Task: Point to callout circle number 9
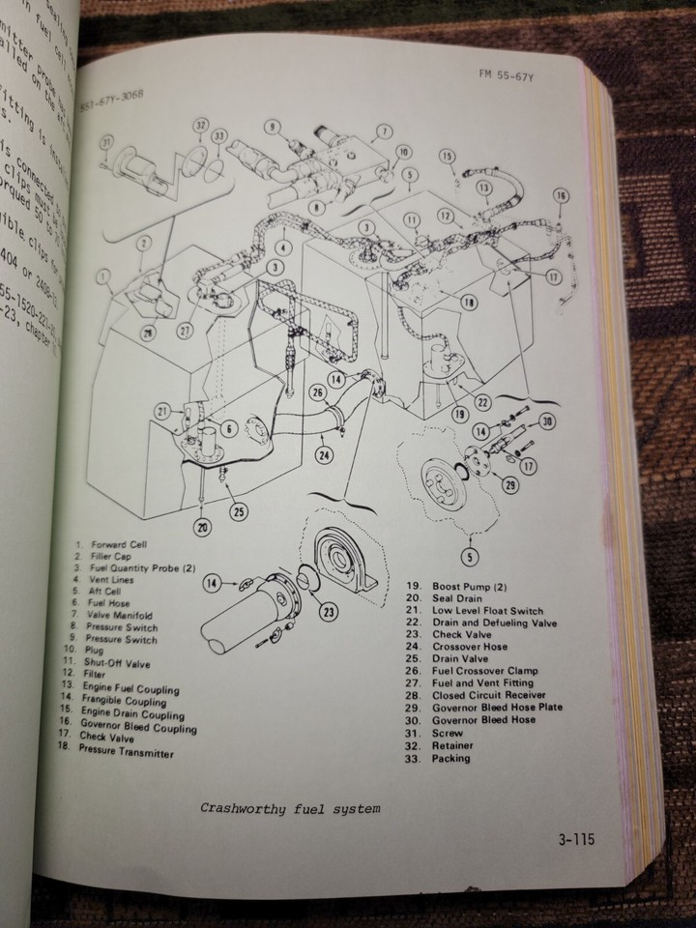point(272,126)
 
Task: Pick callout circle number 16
point(561,196)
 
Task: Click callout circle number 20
point(201,528)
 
